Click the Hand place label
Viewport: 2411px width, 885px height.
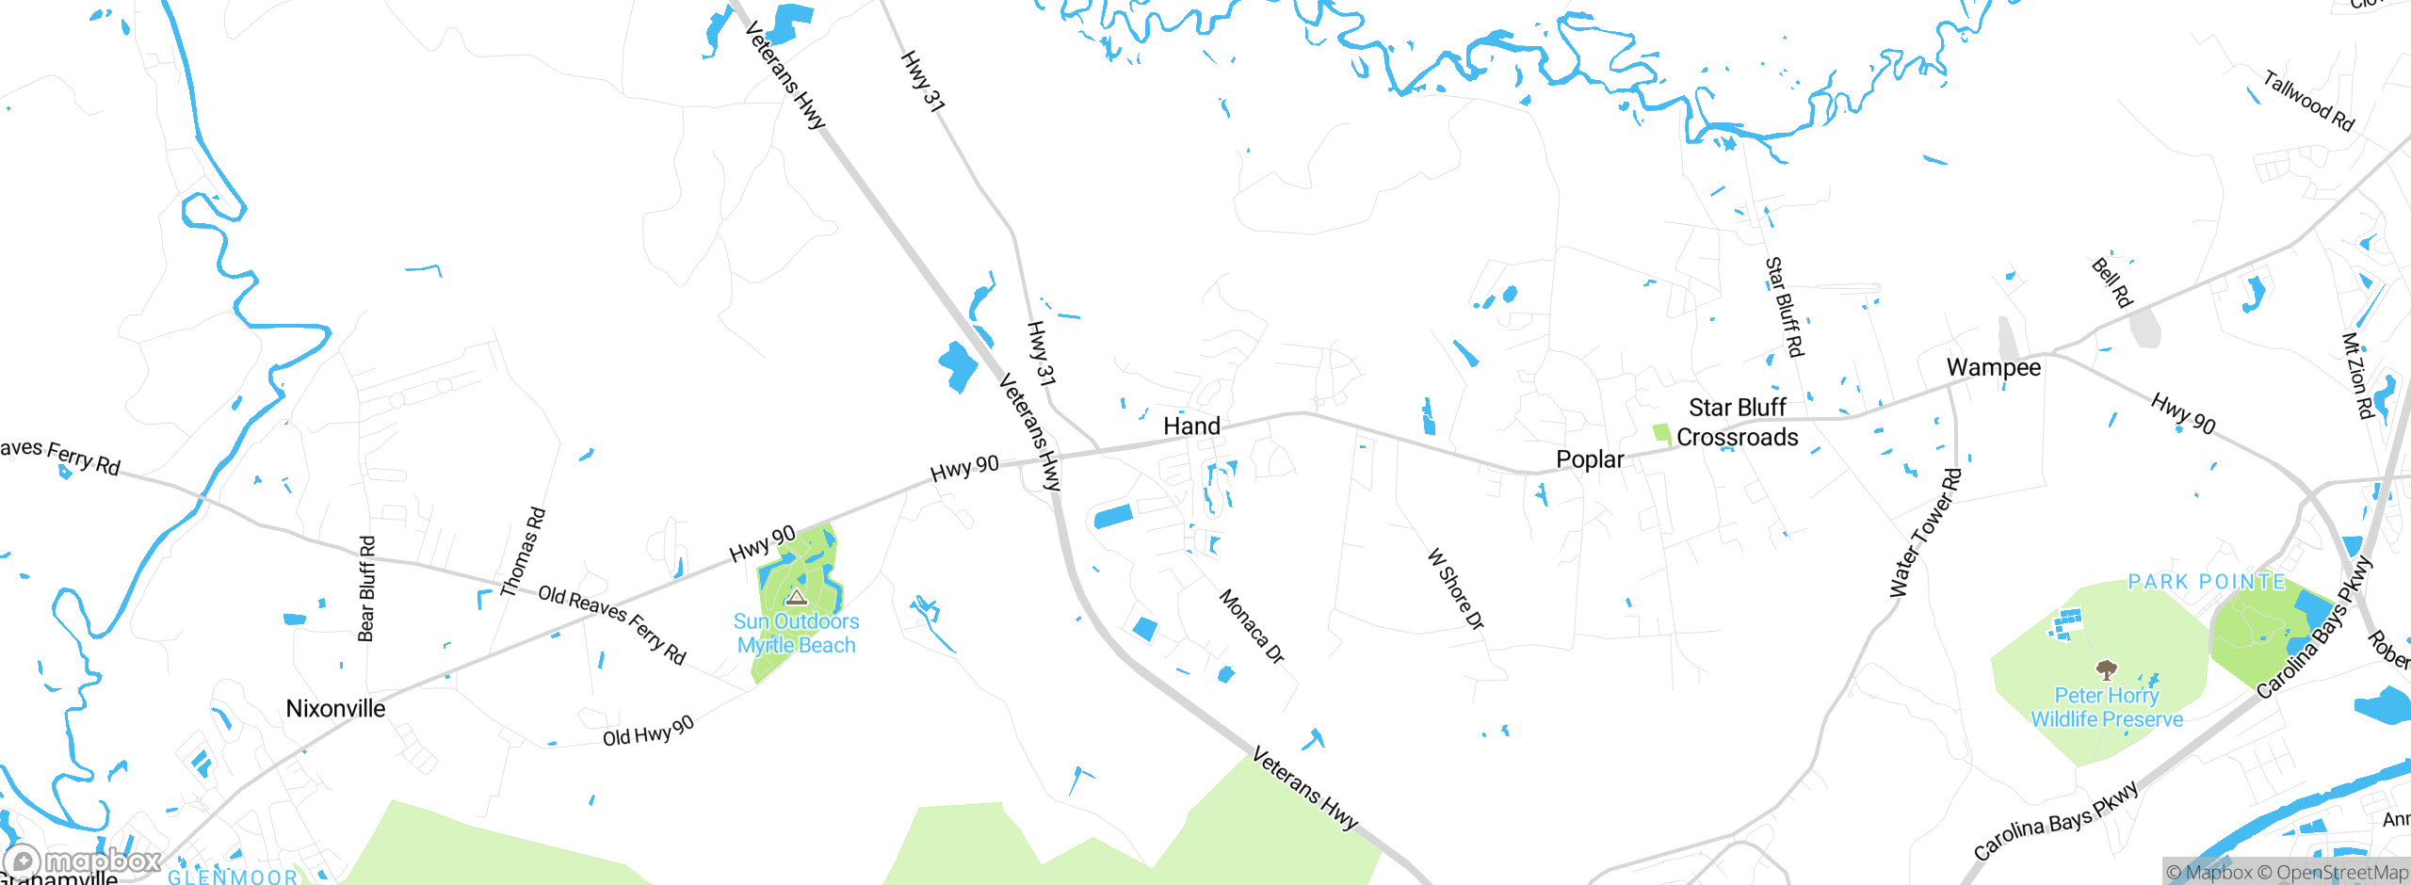[x=1191, y=426]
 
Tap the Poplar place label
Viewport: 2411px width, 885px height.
[x=1590, y=459]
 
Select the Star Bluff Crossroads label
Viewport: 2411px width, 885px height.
[x=1737, y=423]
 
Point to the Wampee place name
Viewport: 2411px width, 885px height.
[x=1994, y=367]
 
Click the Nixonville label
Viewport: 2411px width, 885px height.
[x=335, y=708]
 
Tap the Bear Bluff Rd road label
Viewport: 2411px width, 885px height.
[x=367, y=588]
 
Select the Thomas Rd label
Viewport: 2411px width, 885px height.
[x=523, y=552]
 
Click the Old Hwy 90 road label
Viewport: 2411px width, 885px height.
[x=648, y=731]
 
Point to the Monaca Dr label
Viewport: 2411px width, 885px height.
[x=1252, y=626]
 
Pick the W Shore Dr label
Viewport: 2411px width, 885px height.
[x=1456, y=588]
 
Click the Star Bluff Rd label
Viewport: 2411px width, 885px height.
[x=1784, y=307]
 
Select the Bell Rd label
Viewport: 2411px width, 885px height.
[x=2112, y=282]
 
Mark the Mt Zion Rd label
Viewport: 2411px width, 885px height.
[x=2357, y=375]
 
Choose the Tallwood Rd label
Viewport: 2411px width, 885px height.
[x=2308, y=101]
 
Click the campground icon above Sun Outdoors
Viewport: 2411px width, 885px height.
[x=797, y=597]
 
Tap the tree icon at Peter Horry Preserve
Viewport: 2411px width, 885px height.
[x=2106, y=669]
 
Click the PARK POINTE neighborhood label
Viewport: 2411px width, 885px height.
[x=2207, y=582]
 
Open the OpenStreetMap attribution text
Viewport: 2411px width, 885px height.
[x=2341, y=873]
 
